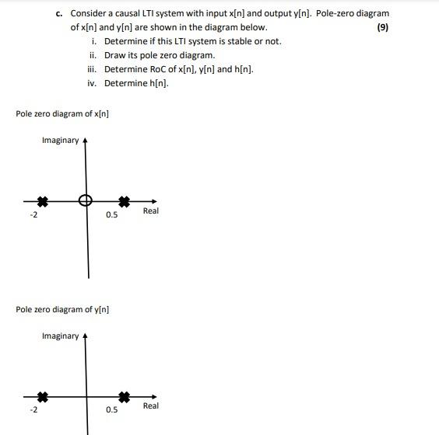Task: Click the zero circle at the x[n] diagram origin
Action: click(86, 200)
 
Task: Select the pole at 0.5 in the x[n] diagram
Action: click(123, 200)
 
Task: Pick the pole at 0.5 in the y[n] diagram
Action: click(123, 396)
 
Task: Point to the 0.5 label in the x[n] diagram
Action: click(112, 215)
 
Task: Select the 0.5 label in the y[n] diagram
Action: click(112, 410)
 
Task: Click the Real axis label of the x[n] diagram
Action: click(150, 211)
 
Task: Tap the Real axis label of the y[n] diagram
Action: click(150, 406)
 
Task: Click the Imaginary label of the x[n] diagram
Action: click(60, 140)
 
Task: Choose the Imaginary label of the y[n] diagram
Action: click(60, 336)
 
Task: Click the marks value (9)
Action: click(382, 27)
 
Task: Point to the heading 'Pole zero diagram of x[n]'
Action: click(62, 114)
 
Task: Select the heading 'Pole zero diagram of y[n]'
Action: click(62, 309)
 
